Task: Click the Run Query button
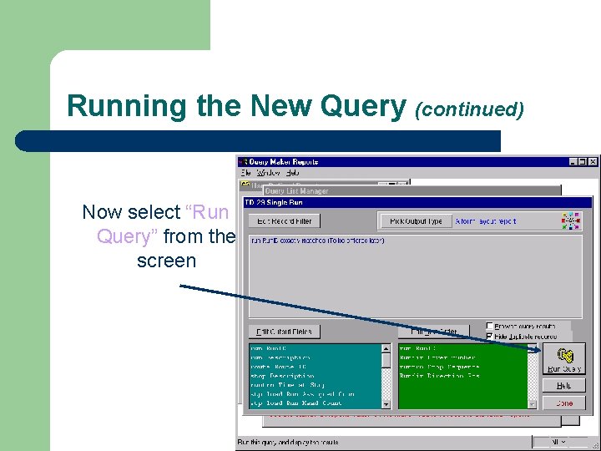(x=563, y=359)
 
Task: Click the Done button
(x=563, y=403)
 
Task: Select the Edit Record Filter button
(x=285, y=221)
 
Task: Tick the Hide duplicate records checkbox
(x=490, y=336)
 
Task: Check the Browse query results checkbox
(x=490, y=326)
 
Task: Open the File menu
(x=246, y=173)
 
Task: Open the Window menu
(x=268, y=173)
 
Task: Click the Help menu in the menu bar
(x=292, y=173)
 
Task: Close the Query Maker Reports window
(x=593, y=162)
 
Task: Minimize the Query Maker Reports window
(x=573, y=162)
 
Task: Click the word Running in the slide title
(x=114, y=106)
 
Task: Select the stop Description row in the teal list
(x=280, y=376)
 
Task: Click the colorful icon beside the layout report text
(x=571, y=220)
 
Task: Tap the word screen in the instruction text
(x=166, y=261)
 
